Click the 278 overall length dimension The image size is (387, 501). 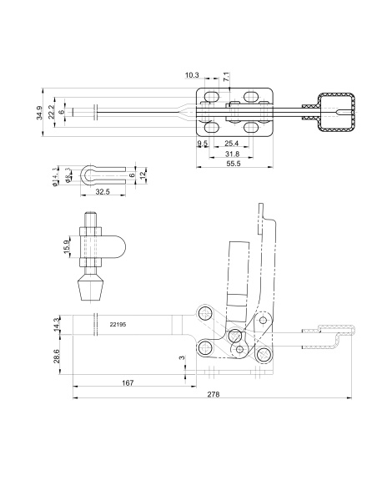coord(214,394)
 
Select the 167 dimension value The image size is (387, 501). coord(128,382)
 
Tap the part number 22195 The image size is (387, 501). coord(118,324)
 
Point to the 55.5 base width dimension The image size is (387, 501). coord(233,164)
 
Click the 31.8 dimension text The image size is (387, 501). coord(232,154)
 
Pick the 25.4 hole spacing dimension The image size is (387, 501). coord(232,143)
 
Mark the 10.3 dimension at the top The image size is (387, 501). coord(192,75)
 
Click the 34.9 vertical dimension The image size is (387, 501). coord(39,113)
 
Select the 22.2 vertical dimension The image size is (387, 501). coord(51,112)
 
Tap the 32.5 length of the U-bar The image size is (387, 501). coord(103,192)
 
